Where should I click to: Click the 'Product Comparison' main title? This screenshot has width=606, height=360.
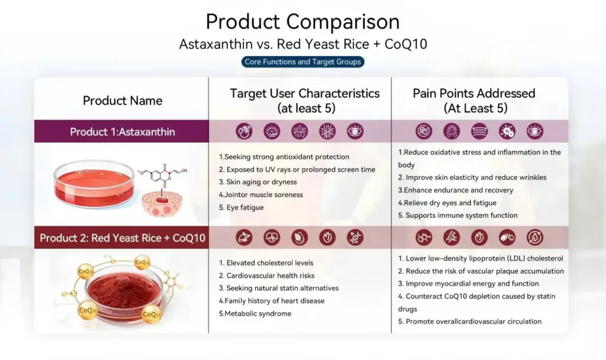[302, 22]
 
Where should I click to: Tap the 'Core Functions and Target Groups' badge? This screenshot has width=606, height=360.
[302, 62]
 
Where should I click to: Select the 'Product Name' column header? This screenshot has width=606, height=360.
[122, 101]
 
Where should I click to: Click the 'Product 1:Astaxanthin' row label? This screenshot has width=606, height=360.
[122, 132]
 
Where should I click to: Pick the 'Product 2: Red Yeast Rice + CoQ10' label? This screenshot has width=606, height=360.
[122, 238]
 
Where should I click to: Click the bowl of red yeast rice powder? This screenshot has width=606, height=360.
[123, 294]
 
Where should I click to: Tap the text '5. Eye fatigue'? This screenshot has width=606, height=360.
[241, 208]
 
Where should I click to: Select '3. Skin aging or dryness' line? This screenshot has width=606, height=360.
[258, 182]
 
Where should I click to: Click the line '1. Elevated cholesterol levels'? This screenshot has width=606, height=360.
[266, 263]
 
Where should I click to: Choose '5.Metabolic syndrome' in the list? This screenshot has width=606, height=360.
[255, 314]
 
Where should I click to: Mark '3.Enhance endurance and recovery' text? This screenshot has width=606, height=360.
[456, 190]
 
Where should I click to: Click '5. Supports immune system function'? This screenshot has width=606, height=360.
[457, 216]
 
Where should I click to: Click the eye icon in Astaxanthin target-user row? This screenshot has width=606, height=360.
[355, 131]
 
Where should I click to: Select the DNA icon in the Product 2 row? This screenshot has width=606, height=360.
[355, 237]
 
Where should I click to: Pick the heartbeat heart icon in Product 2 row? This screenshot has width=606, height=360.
[272, 237]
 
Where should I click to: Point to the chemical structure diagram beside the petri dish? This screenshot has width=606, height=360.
[162, 175]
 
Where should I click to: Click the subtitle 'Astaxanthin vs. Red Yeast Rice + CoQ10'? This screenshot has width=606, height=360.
[303, 44]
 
